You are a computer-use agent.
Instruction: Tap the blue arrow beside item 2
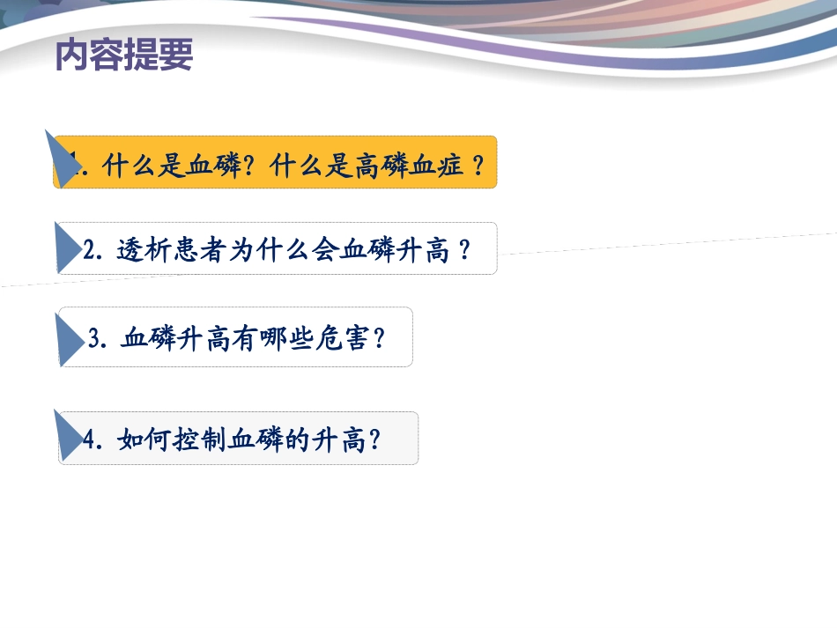67,248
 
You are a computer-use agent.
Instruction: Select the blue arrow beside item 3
70,338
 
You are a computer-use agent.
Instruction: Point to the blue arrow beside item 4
68,436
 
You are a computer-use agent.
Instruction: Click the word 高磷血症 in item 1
410,165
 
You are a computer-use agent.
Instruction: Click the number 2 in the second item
89,251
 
